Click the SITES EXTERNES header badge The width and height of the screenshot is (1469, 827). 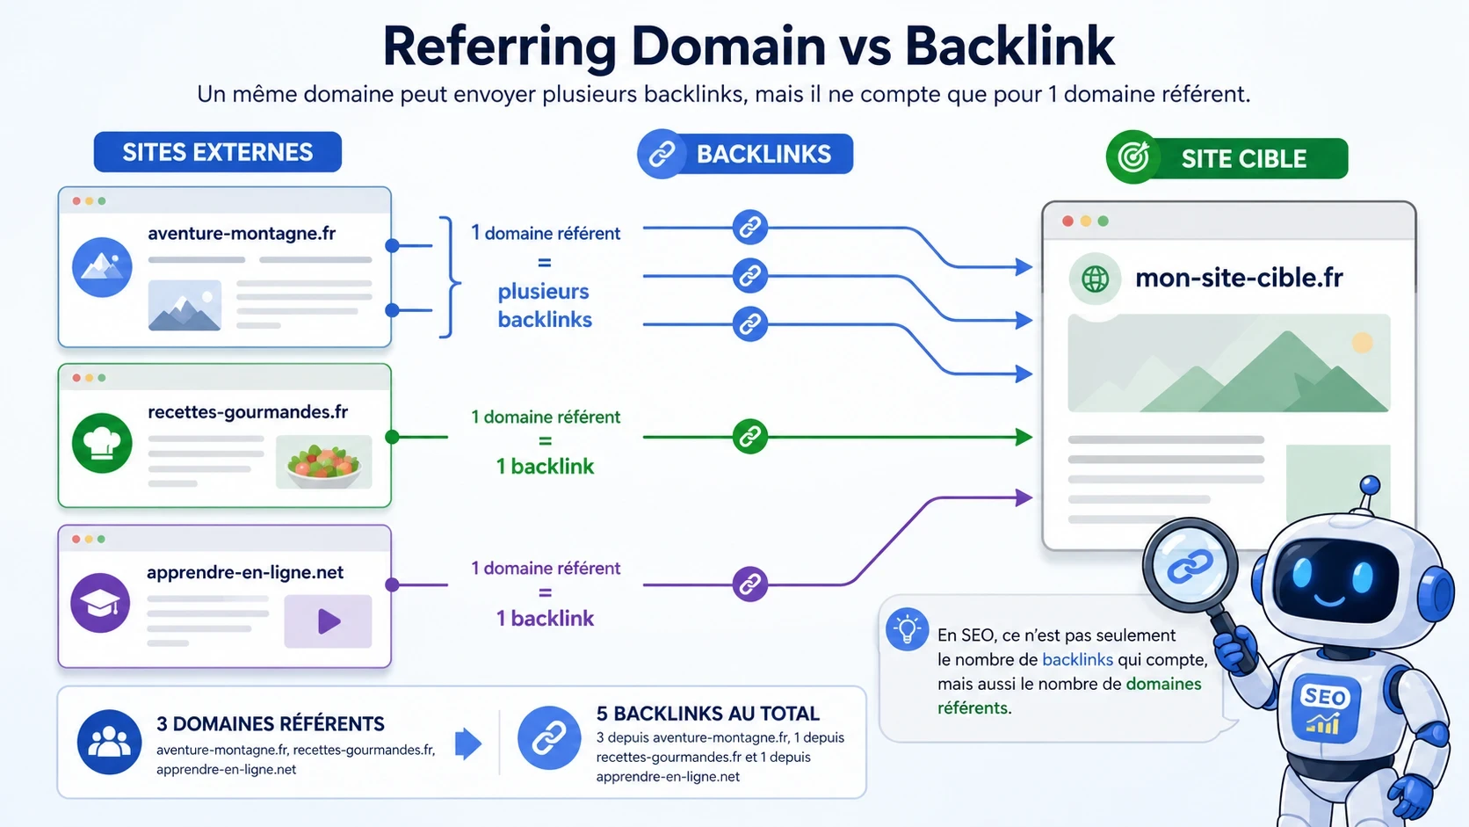pos(217,152)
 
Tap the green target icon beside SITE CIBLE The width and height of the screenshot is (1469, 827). pos(1133,158)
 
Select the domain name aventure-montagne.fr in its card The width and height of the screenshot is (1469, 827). pos(242,234)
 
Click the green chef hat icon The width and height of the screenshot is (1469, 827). pos(102,443)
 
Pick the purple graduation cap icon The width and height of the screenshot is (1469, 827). pos(100,603)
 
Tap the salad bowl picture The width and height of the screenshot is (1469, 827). pos(323,462)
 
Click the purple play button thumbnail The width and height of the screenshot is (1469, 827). pos(328,621)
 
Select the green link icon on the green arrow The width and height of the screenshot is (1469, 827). pos(749,437)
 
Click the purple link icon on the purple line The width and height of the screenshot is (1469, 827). pos(749,584)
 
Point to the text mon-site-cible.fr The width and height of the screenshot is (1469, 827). pos(1239,279)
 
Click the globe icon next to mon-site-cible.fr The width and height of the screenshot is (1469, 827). pos(1095,279)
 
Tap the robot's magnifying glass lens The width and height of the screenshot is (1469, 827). pos(1190,567)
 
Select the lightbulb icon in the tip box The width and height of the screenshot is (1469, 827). pos(907,629)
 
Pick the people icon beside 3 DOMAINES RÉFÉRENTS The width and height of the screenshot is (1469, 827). pos(109,742)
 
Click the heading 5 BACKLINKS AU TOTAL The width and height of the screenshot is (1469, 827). pos(707,714)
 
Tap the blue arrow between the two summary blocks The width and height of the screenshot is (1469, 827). pos(468,744)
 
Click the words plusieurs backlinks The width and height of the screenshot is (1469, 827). pos(545,306)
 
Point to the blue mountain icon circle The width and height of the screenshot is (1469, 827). pos(102,267)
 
